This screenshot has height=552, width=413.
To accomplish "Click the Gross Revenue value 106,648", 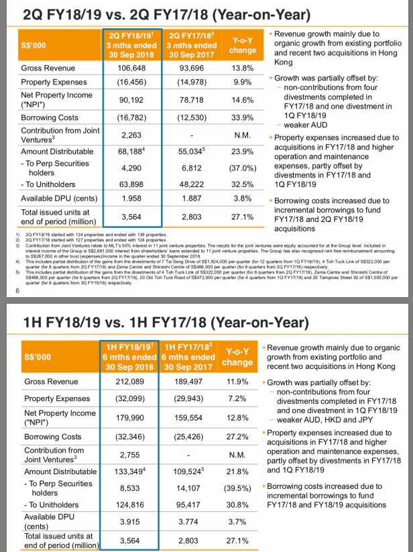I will tap(132, 68).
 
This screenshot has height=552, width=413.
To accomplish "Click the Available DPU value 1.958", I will tap(132, 199).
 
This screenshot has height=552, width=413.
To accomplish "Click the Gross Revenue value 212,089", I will tap(132, 382).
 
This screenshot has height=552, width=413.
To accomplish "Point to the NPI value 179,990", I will tap(132, 417).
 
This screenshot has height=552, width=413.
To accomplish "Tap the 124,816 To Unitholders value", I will tap(132, 505).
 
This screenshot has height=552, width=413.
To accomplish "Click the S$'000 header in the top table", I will tap(37, 46).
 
